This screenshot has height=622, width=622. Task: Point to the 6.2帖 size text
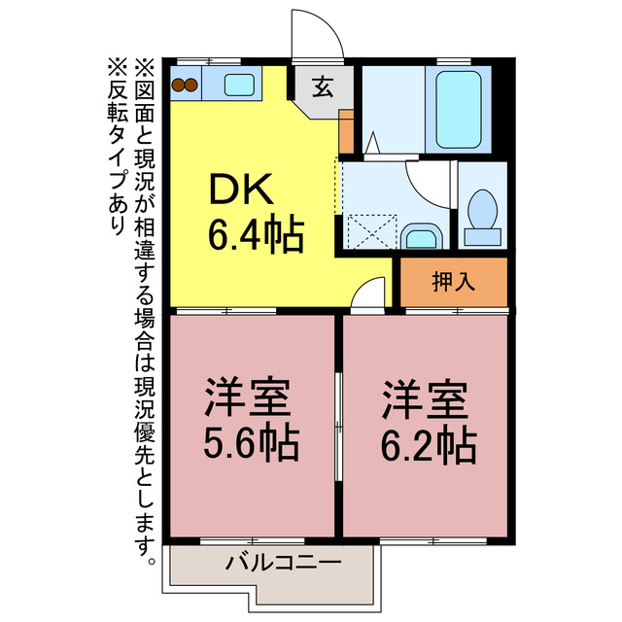click(428, 444)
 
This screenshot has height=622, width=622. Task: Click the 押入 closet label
click(453, 282)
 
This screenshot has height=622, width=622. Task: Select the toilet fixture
click(482, 216)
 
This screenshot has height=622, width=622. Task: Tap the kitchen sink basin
click(239, 85)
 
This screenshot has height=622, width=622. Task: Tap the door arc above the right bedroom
click(369, 294)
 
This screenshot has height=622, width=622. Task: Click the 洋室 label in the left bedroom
click(249, 398)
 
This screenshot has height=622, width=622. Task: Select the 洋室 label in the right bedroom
click(427, 398)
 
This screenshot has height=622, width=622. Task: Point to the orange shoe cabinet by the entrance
click(346, 131)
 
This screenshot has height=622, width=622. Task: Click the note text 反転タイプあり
click(118, 146)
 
